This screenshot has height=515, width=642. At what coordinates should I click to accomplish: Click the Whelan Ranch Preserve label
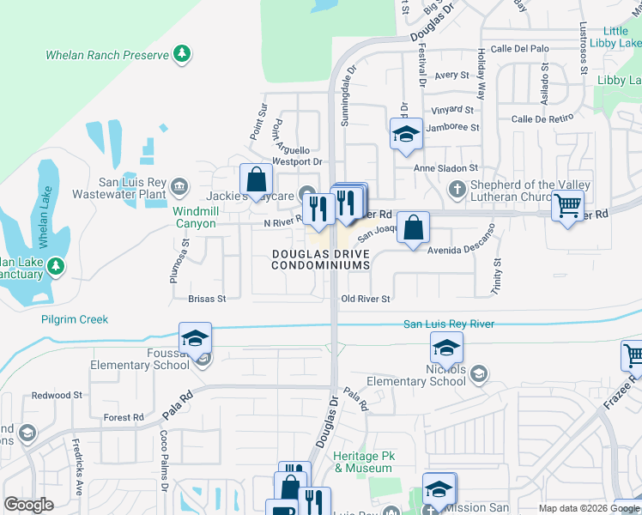pyautogui.click(x=107, y=55)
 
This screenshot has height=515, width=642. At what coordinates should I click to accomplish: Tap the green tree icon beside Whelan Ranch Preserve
pyautogui.click(x=181, y=55)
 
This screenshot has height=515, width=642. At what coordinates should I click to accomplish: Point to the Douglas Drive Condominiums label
pyautogui.click(x=320, y=259)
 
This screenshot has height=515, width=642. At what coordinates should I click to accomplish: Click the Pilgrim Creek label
pyautogui.click(x=75, y=319)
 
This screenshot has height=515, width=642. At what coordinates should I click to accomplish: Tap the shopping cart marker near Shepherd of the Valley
pyautogui.click(x=568, y=205)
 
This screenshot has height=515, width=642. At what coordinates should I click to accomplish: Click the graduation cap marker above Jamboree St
pyautogui.click(x=406, y=133)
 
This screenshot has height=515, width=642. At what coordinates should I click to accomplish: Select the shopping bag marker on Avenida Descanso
pyautogui.click(x=413, y=227)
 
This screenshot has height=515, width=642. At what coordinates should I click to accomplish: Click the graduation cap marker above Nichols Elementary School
pyautogui.click(x=446, y=348)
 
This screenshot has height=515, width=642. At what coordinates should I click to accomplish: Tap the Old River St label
pyautogui.click(x=366, y=299)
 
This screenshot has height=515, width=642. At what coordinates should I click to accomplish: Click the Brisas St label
pyautogui.click(x=207, y=299)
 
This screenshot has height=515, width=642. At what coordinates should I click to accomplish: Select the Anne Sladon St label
pyautogui.click(x=445, y=169)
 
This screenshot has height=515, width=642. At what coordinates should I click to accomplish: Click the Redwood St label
pyautogui.click(x=57, y=395)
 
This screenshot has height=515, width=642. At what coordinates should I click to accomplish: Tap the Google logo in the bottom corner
pyautogui.click(x=28, y=505)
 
